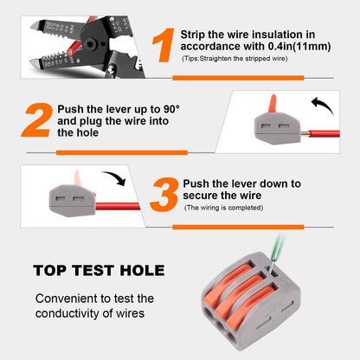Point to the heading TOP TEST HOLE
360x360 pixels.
[x=100, y=269]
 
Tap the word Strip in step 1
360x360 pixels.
[x=195, y=33]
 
